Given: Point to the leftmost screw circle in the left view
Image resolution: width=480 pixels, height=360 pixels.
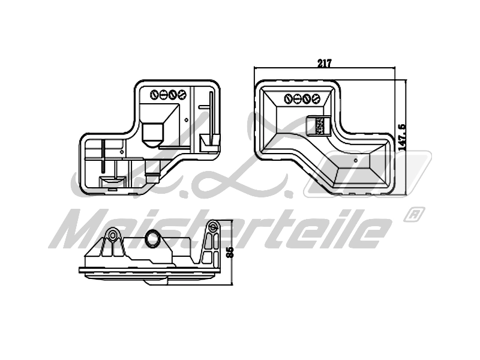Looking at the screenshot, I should click(x=154, y=95).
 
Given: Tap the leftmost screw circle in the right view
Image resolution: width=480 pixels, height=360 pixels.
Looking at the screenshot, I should click(x=289, y=98).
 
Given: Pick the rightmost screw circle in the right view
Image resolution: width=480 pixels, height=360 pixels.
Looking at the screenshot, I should click(x=316, y=98).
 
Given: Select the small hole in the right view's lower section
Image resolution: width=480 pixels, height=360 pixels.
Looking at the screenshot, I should click(x=356, y=160).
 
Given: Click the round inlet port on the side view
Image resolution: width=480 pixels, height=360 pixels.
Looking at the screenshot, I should click(x=154, y=239).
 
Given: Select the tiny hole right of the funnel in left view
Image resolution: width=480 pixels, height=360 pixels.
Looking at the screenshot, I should click(x=186, y=120).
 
